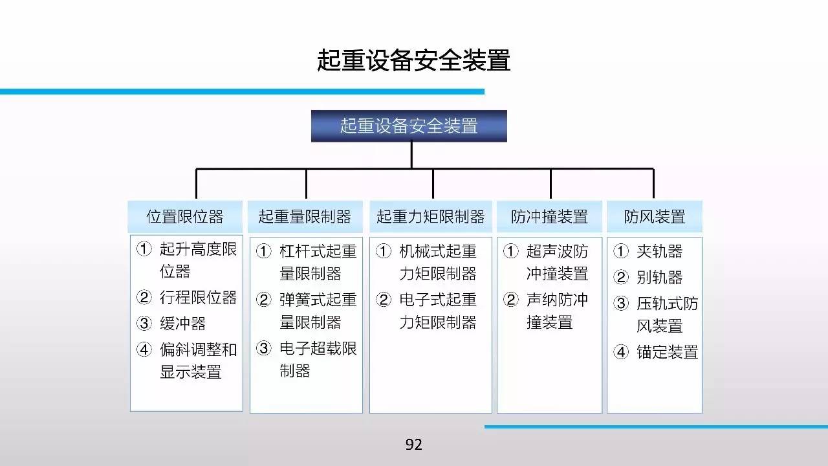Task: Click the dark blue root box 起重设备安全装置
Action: pos(409,126)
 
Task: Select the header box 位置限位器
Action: pos(185,217)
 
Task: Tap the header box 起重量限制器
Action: pos(305,217)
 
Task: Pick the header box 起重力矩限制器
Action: pos(431,217)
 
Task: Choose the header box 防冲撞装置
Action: pos(549,217)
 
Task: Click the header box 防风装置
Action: pos(655,217)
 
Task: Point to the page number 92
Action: pos(413,444)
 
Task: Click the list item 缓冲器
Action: pos(182,324)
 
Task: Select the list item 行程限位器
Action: pos(198,297)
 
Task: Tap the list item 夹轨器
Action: pos(659,252)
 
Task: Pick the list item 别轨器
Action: pos(659,278)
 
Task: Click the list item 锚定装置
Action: pos(667,352)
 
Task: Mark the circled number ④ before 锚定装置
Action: pos(621,352)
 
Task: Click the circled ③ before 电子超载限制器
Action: pos(263,348)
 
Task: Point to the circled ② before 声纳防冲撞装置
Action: pos(511,300)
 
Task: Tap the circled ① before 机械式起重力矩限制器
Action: pos(384,251)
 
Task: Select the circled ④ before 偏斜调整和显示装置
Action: pos(144,349)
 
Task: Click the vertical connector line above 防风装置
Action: pos(653,183)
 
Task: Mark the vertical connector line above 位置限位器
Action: pos(196,183)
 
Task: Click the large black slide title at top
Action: pos(413,60)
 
